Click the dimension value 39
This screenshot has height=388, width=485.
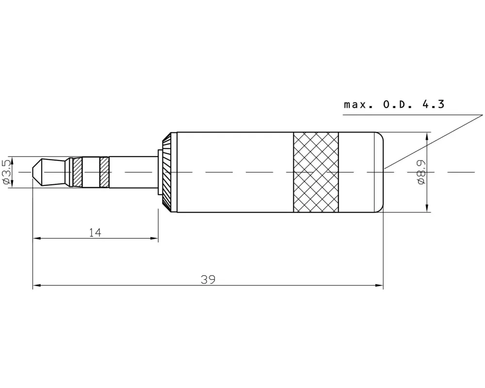(x=208, y=280)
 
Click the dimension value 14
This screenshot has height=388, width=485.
(x=95, y=233)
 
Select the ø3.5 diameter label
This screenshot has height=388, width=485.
(x=6, y=172)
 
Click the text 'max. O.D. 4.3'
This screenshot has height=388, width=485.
(x=394, y=104)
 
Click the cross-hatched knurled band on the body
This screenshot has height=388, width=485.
(x=316, y=172)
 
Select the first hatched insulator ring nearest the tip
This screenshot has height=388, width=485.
(x=77, y=172)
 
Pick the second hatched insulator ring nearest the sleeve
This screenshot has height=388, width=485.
(x=104, y=172)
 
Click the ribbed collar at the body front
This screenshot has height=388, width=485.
(x=166, y=172)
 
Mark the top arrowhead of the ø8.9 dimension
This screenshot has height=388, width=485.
(x=427, y=135)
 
